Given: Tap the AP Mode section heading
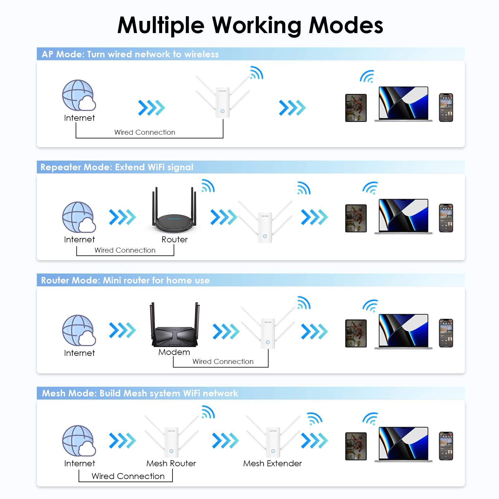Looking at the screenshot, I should coord(130,54).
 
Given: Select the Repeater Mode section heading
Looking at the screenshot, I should coord(117,167).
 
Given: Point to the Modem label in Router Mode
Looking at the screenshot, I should coord(174,352).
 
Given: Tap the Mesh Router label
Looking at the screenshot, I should coord(171,463).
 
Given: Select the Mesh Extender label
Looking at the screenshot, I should coord(272,463).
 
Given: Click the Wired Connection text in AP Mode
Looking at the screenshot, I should coord(145,132).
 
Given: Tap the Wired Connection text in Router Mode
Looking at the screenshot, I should coord(223,361).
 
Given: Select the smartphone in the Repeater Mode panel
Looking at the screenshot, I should coord(446,218).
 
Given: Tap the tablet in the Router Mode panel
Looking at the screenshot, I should coord(356,333).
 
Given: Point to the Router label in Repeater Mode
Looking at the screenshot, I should coord(174,240).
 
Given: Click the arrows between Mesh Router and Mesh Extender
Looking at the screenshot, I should coord(225,441).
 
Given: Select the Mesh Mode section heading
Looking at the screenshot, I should coord(140,393).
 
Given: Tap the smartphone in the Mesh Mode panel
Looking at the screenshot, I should coord(446,446).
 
